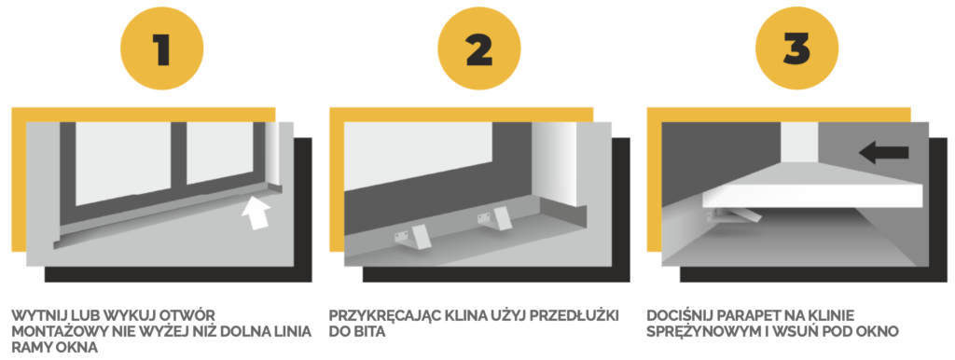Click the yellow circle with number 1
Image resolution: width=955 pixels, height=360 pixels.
[x=161, y=48]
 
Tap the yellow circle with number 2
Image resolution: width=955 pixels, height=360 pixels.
[x=478, y=48]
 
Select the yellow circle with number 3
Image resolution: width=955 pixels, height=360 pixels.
[x=796, y=48]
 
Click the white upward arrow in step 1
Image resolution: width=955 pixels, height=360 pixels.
[x=256, y=213]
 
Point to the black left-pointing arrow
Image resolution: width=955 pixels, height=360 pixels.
[x=884, y=153]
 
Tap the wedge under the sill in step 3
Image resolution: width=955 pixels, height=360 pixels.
[x=739, y=215]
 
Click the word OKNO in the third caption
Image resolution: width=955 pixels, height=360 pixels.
[x=880, y=333]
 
